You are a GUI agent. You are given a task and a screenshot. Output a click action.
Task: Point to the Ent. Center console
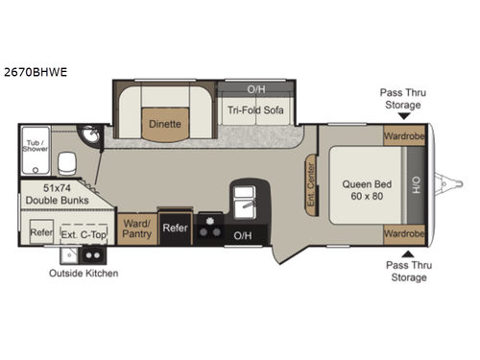311,174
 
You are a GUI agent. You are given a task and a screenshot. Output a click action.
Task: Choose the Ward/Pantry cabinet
135,228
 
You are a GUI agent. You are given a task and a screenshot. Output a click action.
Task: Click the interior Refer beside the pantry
175,228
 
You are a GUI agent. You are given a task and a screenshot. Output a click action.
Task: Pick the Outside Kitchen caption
84,274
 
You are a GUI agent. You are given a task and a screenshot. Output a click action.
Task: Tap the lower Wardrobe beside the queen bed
403,232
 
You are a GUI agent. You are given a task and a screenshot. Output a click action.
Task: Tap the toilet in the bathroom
66,162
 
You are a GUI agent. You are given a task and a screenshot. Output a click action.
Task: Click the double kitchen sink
243,201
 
